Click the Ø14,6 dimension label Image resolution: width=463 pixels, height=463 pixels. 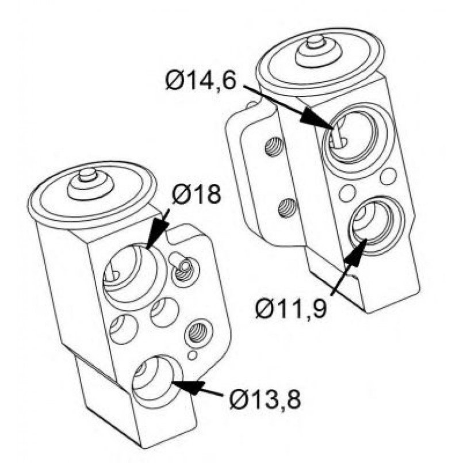(201, 81)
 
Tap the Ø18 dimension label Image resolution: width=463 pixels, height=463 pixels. (197, 194)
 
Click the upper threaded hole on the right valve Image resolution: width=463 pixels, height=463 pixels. (274, 147)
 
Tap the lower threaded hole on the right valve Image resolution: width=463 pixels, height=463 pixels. (286, 208)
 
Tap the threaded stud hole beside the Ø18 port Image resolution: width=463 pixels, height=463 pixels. (185, 270)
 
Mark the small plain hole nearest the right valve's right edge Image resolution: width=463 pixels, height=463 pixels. (388, 176)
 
